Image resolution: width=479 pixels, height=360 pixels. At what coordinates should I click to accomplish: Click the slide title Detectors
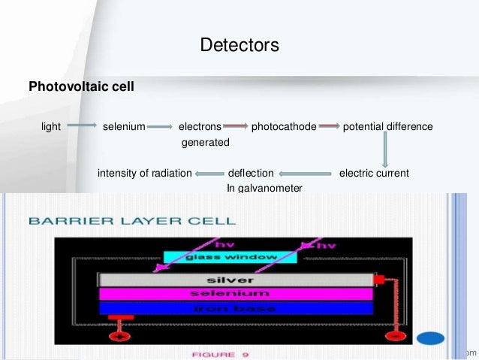[x=239, y=46]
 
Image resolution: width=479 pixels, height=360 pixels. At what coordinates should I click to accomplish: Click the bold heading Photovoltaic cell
[x=81, y=86]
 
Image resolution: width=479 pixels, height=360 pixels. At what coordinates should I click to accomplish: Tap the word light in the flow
[x=51, y=127]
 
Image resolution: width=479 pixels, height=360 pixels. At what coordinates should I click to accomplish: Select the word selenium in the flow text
[x=124, y=127]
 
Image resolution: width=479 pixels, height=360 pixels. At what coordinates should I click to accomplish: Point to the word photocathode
[x=284, y=127]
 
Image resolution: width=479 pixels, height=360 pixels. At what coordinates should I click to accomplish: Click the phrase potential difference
[x=387, y=127]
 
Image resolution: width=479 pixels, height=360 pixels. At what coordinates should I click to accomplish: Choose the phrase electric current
[x=374, y=173]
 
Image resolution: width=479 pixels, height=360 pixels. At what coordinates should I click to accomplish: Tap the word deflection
[x=251, y=173]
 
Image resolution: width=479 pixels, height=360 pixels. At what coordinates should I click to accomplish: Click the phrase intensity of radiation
[x=145, y=173]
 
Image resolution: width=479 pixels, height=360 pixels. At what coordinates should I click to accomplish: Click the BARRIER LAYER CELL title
[x=131, y=221]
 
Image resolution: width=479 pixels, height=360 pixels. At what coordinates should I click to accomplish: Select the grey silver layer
[x=236, y=280]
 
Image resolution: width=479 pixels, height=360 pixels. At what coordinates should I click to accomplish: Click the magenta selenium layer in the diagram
[x=236, y=293]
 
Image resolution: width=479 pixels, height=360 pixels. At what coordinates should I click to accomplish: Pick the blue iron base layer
[x=236, y=307]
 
